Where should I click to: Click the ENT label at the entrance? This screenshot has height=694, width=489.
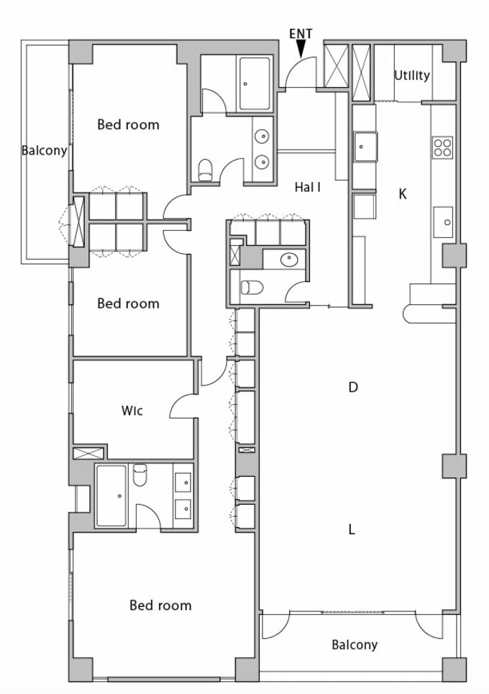pos(301,34)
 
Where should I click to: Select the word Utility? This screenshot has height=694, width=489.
pos(412,76)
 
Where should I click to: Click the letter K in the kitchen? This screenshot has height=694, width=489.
pos(402,194)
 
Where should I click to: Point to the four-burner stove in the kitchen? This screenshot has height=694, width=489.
pos(443,147)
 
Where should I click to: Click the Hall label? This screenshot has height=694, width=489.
pos(308,187)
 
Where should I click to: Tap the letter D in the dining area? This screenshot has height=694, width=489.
pos(352,388)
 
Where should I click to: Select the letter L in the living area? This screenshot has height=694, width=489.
pos(352,529)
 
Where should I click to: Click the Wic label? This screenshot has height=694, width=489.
pos(132,411)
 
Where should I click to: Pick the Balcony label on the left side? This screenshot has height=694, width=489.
pos(45,150)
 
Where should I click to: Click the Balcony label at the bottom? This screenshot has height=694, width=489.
pos(355,645)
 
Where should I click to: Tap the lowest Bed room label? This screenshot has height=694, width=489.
pos(160,605)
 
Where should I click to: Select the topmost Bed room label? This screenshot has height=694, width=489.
pos(128,124)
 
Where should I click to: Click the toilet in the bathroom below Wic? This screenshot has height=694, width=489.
pos(140,475)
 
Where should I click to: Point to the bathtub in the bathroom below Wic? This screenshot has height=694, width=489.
pos(111,496)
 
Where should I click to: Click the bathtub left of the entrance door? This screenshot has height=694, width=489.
pos(255,83)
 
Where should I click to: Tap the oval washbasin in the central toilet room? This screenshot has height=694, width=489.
pos(289,260)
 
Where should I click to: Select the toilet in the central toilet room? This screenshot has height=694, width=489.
pos(252,288)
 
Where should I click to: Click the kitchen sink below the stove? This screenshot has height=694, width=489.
pos(443,222)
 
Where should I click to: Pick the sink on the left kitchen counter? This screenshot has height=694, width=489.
pos(365,147)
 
